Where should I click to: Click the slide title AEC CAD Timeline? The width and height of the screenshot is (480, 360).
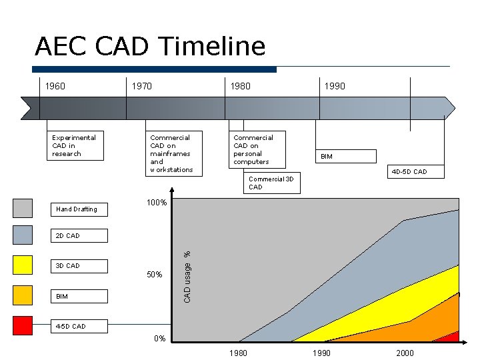tap(150, 47)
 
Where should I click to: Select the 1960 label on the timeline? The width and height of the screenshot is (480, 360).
tap(55, 86)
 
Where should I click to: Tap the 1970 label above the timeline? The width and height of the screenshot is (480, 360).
tap(141, 86)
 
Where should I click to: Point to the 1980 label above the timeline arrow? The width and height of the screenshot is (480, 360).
tap(240, 86)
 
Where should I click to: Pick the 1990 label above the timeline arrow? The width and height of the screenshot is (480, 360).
tap(335, 86)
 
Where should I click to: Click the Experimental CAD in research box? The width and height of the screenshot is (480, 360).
tap(75, 146)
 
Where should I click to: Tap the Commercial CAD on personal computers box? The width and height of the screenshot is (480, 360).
tap(257, 149)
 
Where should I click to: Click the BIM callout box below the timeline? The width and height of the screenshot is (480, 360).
tap(346, 157)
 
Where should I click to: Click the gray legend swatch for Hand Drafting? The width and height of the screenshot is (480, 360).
tap(23, 209)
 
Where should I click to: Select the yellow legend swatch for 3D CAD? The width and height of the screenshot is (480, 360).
tap(23, 265)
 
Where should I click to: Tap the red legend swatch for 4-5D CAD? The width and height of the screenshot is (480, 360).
tap(23, 326)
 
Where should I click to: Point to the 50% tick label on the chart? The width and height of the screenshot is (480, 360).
tap(154, 275)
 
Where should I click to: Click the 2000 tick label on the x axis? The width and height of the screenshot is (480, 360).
tap(405, 353)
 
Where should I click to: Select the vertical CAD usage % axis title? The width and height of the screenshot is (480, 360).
tap(187, 277)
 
